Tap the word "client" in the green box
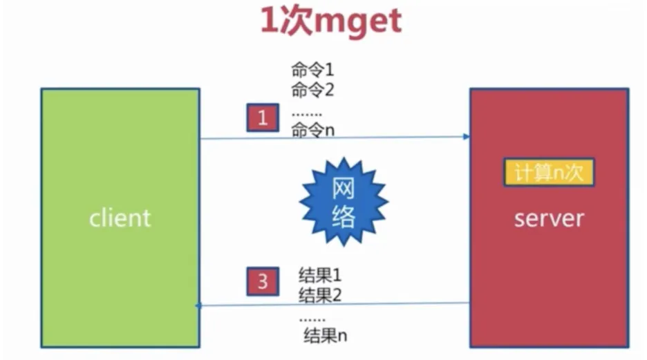pos(120,218)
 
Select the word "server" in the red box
pos(549,218)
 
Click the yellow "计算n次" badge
pos(549,173)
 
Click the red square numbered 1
pos(263,117)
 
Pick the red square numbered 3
pos(263,282)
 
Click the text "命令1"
pos(312,70)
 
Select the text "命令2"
pos(312,90)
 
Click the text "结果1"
pos(320,275)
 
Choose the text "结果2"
pos(320,296)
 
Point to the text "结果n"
pos(325,337)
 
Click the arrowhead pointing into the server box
pos(467,137)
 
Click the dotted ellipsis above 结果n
pos(312,319)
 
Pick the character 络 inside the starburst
pos(344,216)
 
